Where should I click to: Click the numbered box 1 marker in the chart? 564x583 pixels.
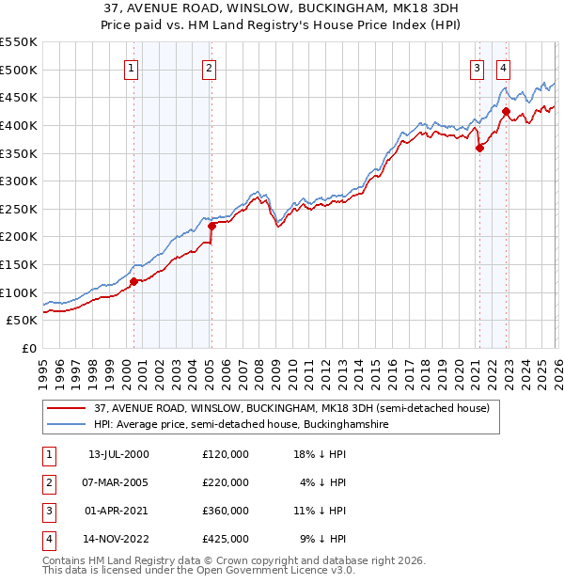coord(131,68)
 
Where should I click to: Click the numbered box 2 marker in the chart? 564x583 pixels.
coord(208,68)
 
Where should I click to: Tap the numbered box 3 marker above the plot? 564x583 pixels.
coord(478,68)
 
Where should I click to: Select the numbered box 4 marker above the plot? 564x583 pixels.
coord(504,68)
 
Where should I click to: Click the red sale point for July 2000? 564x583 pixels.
coord(133,281)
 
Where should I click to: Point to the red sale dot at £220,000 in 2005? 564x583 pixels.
coord(211,226)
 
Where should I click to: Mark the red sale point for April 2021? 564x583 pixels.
coord(479,148)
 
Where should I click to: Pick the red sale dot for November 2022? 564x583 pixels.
coord(507,112)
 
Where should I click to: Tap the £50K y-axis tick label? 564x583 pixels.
coord(23,321)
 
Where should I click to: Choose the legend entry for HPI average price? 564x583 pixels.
coord(241,425)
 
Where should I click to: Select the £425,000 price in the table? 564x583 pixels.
coord(226,539)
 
